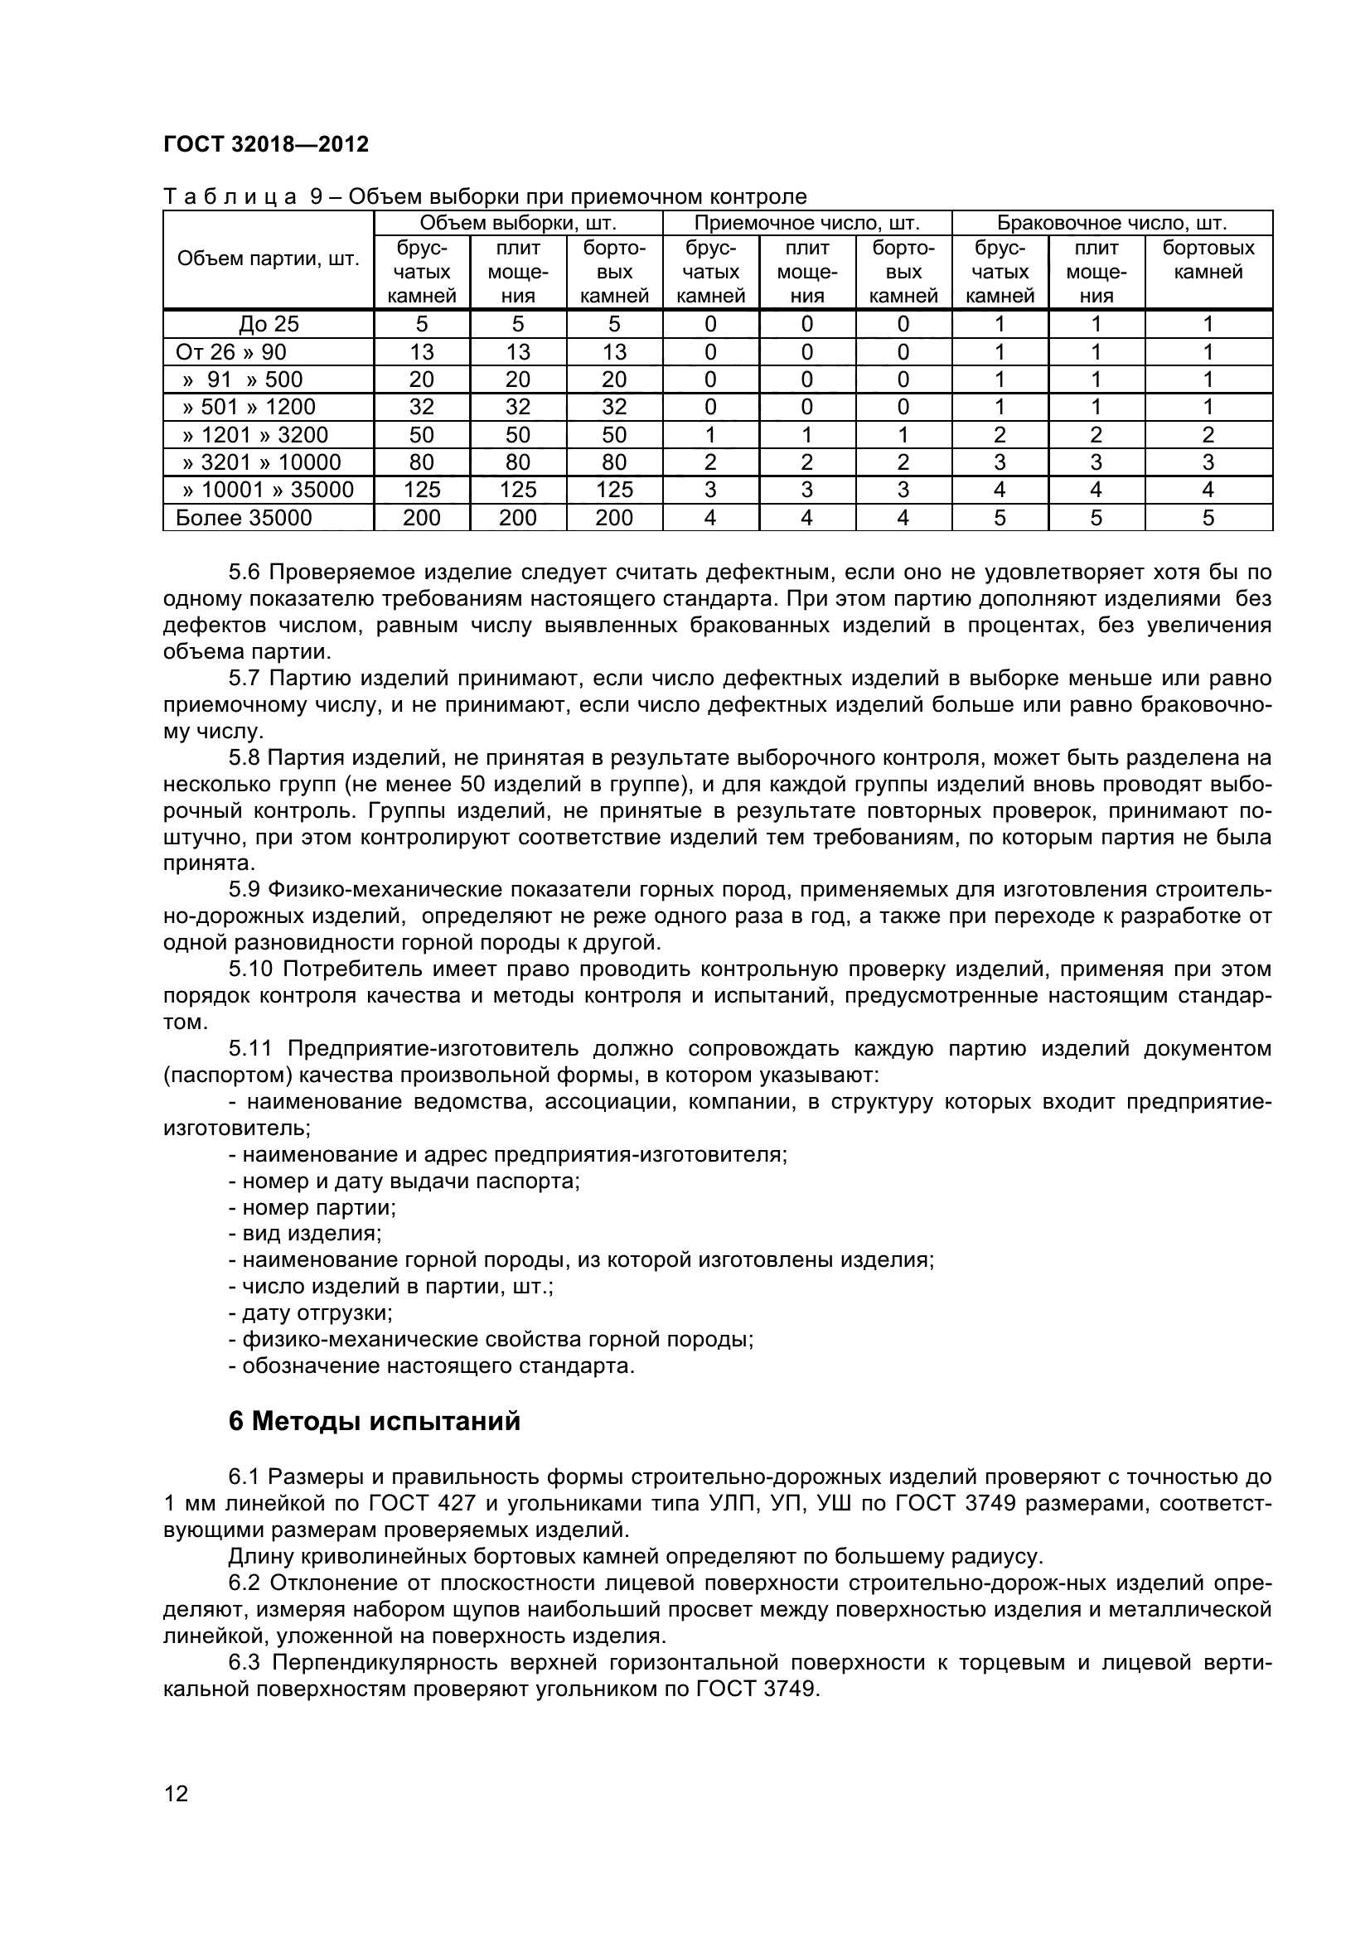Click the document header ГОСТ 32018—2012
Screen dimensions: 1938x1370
(266, 144)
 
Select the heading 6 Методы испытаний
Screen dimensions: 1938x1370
(374, 1422)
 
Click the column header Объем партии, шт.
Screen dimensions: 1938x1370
(268, 259)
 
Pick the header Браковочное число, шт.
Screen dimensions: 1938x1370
(1111, 223)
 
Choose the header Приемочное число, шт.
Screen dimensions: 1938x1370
(806, 223)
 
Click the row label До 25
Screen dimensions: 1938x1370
(269, 324)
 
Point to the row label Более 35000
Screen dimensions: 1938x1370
(243, 517)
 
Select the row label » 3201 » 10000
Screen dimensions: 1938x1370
(262, 462)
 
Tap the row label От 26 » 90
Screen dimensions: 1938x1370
(230, 352)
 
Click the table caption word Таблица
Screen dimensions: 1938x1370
(229, 196)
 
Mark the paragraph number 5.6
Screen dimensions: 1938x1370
(245, 573)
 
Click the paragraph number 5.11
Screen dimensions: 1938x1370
(249, 1048)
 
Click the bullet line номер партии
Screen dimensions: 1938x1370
(312, 1207)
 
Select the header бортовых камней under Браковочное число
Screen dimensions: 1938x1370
(1208, 260)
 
